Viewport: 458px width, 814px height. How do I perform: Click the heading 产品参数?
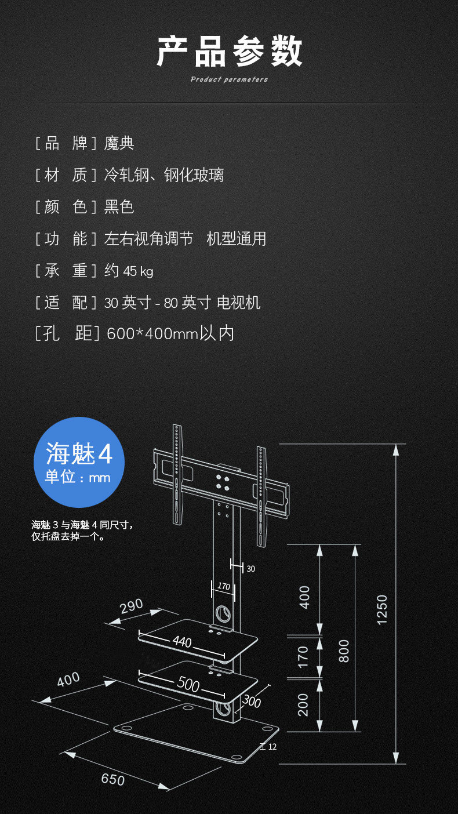point(230,51)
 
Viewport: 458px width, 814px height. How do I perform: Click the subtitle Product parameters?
point(229,79)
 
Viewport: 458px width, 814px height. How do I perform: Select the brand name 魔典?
point(119,143)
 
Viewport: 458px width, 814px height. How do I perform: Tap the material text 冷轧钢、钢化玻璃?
point(164,175)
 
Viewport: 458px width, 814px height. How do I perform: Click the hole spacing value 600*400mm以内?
point(170,333)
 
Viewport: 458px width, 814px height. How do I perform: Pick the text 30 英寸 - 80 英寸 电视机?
point(182,302)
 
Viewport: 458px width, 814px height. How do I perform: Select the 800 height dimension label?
point(344,651)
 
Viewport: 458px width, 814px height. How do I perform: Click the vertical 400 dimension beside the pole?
point(304,597)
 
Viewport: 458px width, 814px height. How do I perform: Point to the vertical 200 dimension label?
point(303,704)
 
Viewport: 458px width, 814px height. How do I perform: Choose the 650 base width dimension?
point(112,779)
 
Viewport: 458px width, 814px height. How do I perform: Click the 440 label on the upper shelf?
point(182,642)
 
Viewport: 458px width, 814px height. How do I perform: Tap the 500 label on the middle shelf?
point(188,684)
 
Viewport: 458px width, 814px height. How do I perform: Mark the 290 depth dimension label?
point(132,606)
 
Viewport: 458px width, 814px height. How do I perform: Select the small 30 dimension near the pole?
point(250,569)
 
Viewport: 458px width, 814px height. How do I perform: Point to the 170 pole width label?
point(224,586)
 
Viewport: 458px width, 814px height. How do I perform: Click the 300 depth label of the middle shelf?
point(251,701)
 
